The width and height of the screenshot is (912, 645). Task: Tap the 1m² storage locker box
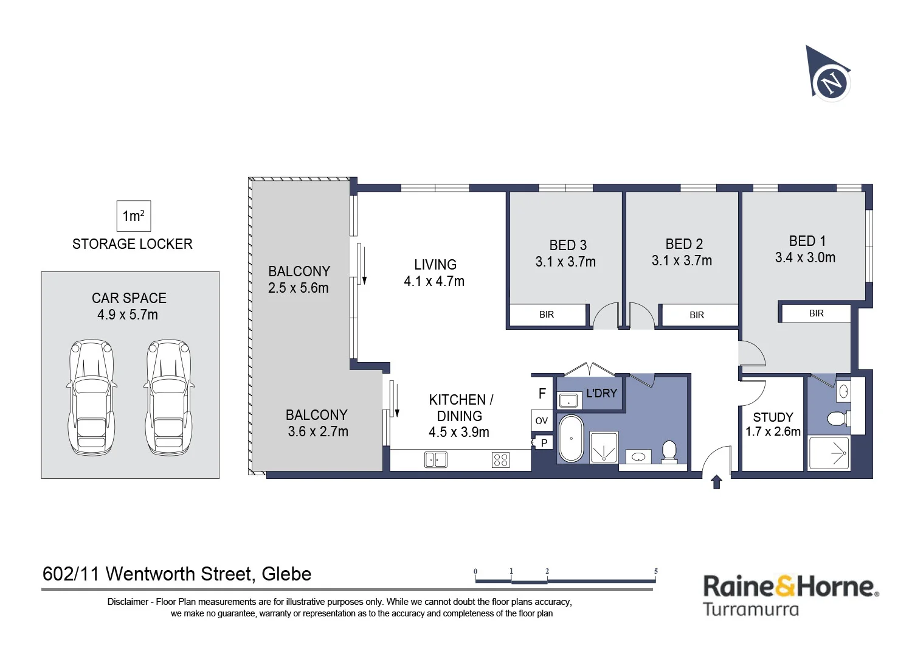[x=134, y=216]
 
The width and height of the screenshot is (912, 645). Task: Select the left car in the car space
[x=92, y=397]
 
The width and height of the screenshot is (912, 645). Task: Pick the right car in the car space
[x=168, y=397]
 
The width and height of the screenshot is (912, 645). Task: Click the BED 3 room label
[x=568, y=245]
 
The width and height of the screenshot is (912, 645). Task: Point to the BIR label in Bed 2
[x=697, y=315]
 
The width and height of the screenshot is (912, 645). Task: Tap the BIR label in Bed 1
[x=817, y=313]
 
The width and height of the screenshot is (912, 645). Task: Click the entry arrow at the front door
[x=717, y=481]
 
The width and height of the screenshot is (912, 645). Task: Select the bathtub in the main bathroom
[x=572, y=439]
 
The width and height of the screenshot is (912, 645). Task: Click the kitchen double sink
[x=436, y=459]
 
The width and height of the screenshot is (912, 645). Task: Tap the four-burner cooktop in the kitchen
[x=500, y=460]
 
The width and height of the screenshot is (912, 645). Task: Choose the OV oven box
[x=542, y=420]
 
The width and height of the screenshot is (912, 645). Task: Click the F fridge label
[x=542, y=393]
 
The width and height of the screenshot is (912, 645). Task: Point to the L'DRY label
[x=601, y=393]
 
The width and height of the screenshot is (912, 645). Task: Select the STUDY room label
[x=773, y=417]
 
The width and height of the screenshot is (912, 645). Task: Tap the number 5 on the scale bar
[x=655, y=571]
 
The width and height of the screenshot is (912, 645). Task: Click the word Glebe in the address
[x=286, y=574]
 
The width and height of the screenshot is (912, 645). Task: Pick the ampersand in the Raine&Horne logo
[x=784, y=585]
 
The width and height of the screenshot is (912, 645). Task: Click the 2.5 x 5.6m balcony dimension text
[x=298, y=288]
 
